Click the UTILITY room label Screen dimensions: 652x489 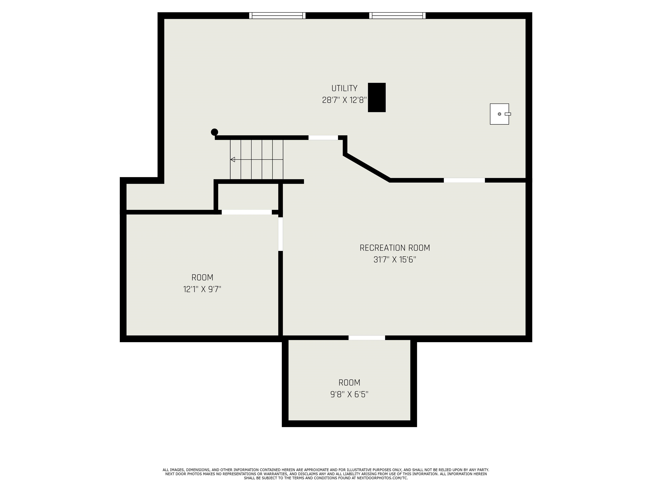[344, 89]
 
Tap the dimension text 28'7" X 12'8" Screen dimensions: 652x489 [344, 100]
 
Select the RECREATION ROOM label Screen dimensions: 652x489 [395, 248]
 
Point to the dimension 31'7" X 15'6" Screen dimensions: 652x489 [395, 260]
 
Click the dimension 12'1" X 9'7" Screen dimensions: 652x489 [202, 289]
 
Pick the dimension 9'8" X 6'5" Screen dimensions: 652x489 [349, 394]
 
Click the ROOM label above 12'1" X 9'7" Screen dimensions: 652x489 [202, 278]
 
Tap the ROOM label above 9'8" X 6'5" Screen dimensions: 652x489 [349, 383]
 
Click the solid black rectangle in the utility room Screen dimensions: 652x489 [377, 98]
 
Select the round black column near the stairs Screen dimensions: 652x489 [215, 132]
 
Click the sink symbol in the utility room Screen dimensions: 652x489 [500, 114]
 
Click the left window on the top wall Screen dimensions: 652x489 [277, 16]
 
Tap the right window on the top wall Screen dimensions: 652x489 [397, 16]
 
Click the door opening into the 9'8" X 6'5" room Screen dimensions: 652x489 [367, 338]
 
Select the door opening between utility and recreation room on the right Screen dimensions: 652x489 [464, 180]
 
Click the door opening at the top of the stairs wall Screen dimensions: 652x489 [323, 138]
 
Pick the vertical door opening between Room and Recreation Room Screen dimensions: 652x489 [281, 234]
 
